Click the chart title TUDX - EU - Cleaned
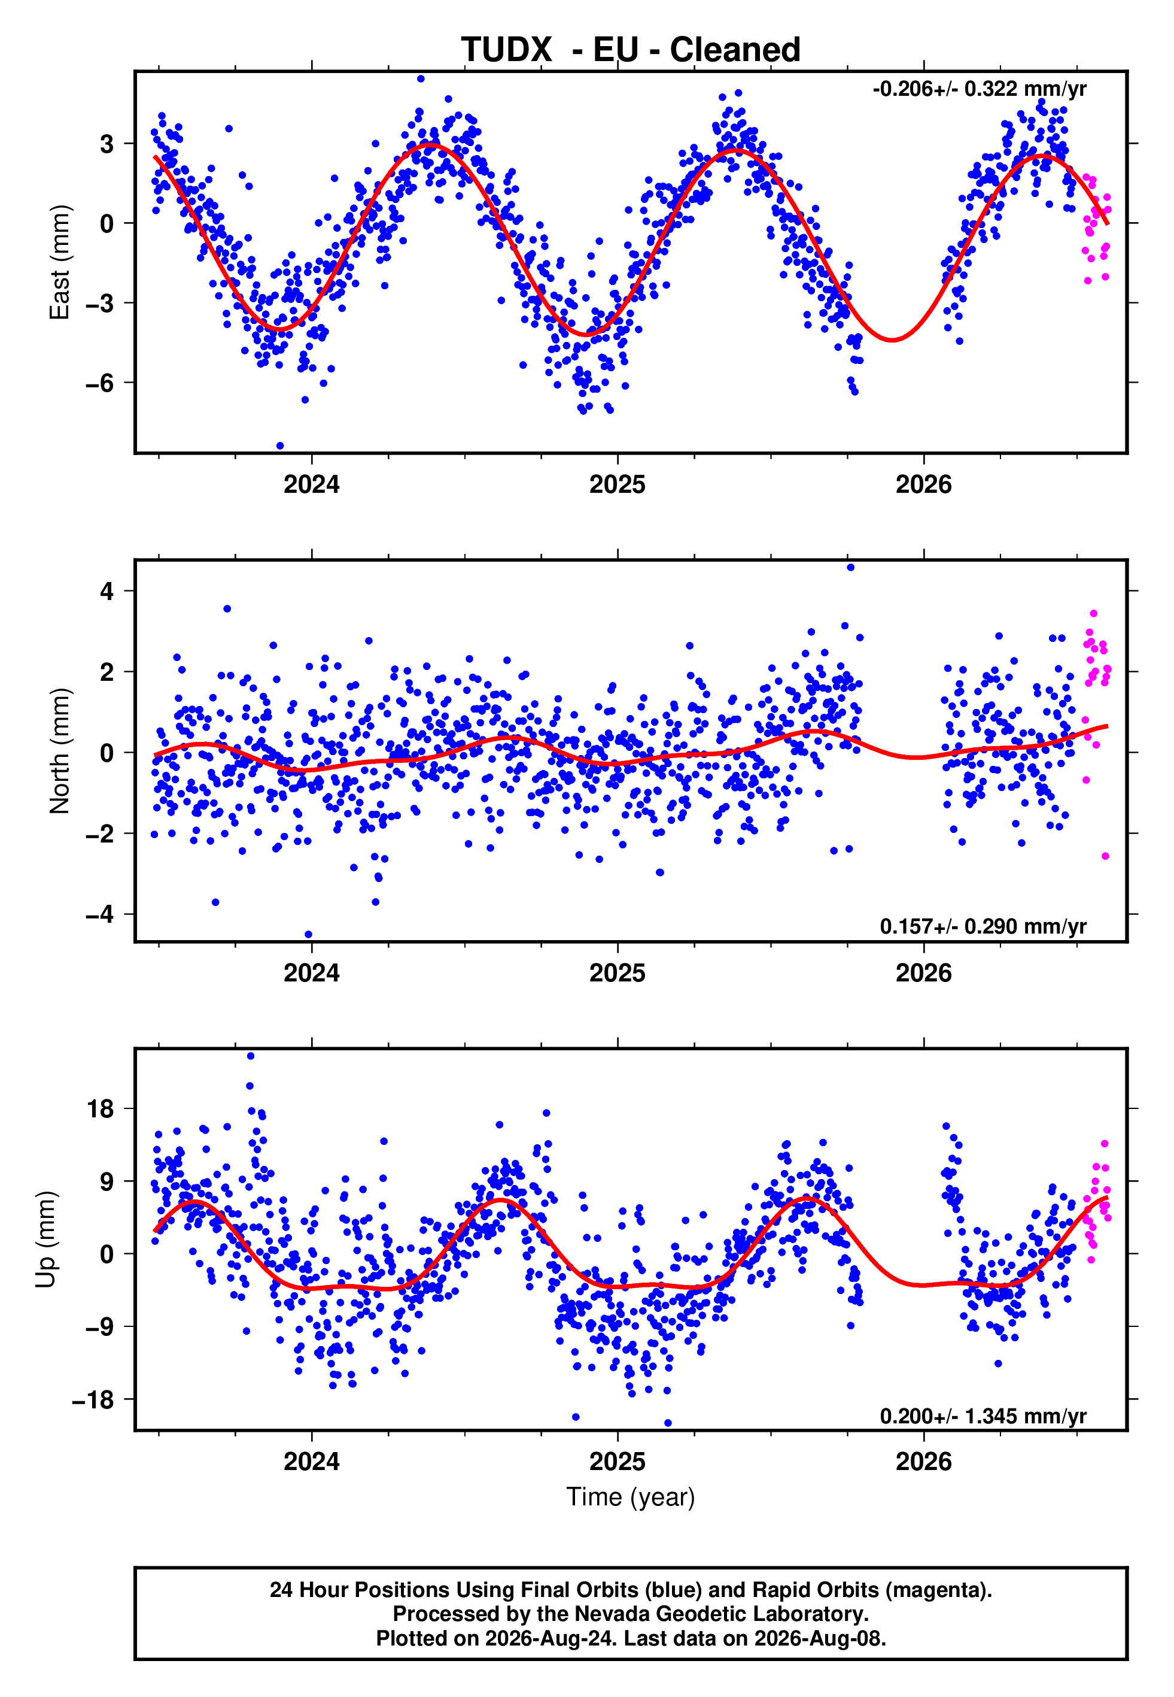tap(631, 50)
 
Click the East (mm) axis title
tap(60, 262)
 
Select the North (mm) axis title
tap(60, 751)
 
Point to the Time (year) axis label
tap(631, 1497)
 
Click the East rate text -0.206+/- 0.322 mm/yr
tap(980, 89)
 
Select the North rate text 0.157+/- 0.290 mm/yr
tap(984, 926)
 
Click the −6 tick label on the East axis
tap(100, 383)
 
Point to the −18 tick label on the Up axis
tap(93, 1399)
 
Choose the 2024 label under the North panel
tap(311, 973)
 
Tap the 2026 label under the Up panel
tap(923, 1462)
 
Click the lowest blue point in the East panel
tap(279, 446)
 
